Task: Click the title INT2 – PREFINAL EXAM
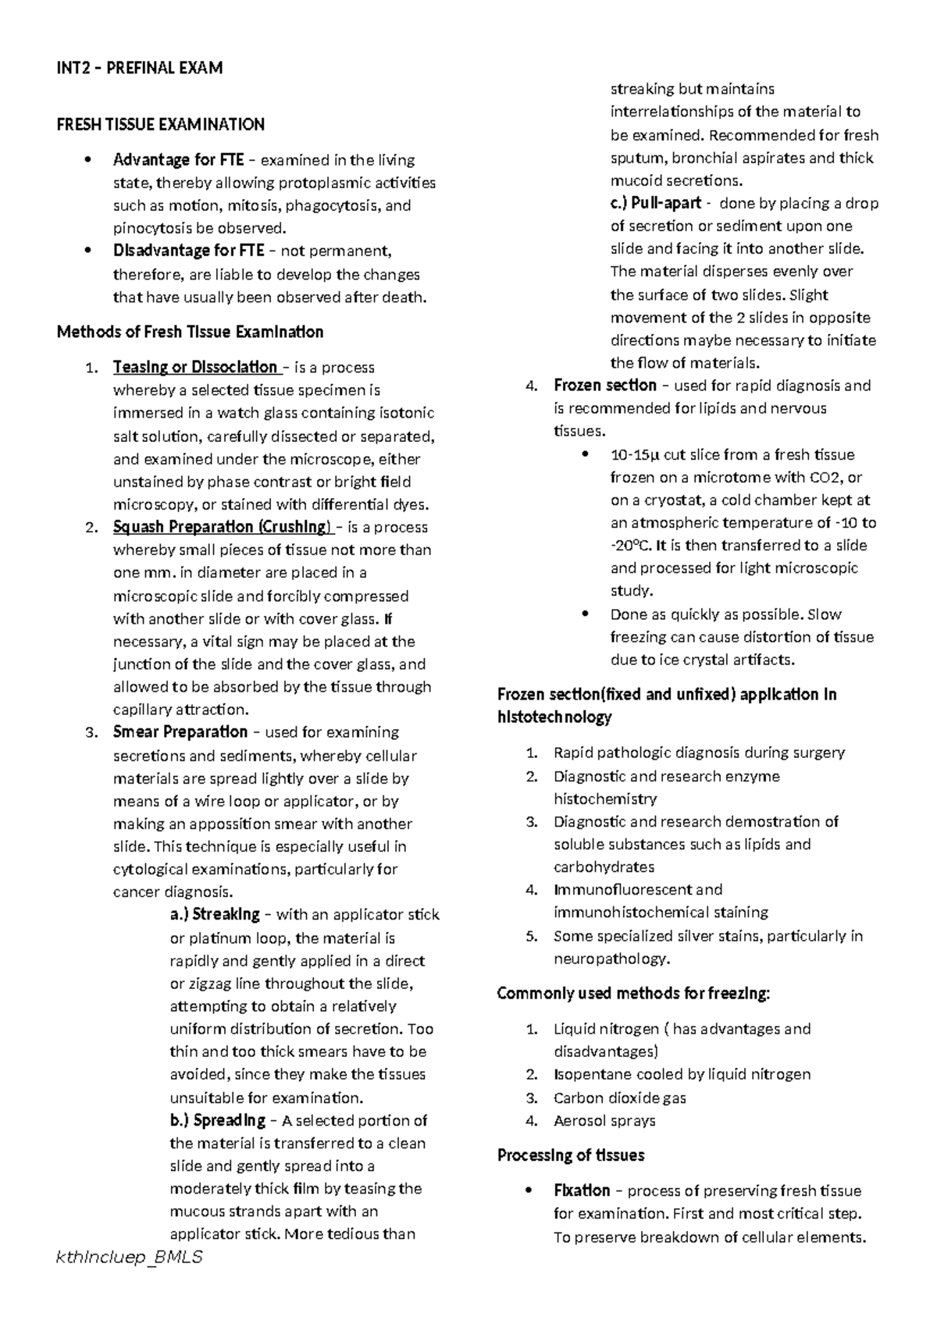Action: coord(140,68)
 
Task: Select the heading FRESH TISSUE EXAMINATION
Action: coord(161,124)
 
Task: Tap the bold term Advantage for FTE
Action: coord(178,160)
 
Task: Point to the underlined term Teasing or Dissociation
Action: coord(195,368)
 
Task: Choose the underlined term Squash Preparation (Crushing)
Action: coord(222,527)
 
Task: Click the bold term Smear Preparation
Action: coord(180,732)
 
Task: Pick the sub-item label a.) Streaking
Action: coord(215,914)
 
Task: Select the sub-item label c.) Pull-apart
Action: coord(655,204)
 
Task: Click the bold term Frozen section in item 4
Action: coord(604,386)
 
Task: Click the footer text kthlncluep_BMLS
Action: coord(130,1258)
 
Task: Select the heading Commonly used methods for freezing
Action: coord(633,994)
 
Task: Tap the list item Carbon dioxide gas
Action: coord(619,1098)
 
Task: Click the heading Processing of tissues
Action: coord(571,1155)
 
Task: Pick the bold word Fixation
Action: coord(581,1191)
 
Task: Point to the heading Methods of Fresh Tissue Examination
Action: coord(190,332)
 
